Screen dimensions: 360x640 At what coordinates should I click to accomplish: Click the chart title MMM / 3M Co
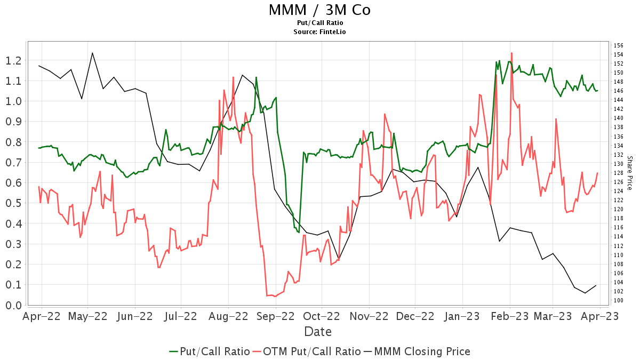coord(319,10)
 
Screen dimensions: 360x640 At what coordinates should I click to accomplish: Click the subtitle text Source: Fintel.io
coord(319,32)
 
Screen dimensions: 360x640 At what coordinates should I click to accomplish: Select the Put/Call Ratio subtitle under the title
coord(319,23)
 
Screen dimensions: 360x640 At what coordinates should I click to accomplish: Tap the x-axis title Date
coord(318,332)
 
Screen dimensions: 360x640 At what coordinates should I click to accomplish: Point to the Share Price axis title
coord(629,173)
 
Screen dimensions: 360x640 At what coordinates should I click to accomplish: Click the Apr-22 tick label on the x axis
coord(41,316)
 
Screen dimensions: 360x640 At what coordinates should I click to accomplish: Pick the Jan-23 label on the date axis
coord(462,316)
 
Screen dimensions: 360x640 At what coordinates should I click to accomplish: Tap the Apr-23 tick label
coord(601,316)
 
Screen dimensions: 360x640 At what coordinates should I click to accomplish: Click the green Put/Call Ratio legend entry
coord(209,351)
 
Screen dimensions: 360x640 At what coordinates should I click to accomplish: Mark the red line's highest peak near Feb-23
coord(511,53)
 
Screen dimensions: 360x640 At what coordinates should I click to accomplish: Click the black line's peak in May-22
coord(92,53)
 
